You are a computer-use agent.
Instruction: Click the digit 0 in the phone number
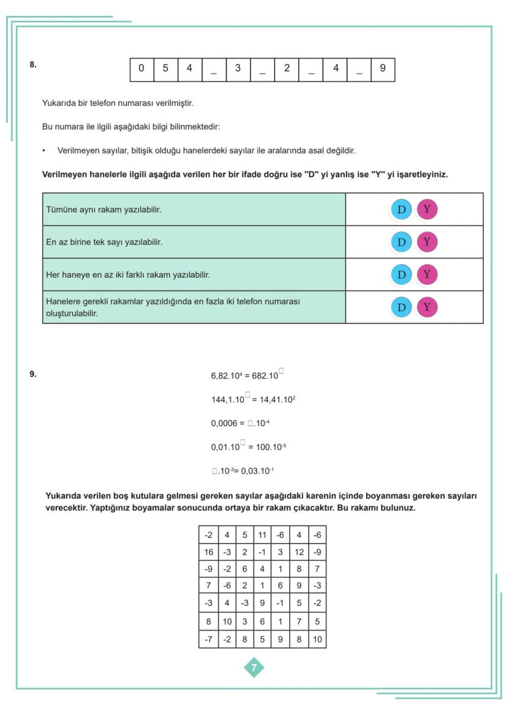[x=141, y=68]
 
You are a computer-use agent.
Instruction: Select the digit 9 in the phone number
[x=383, y=68]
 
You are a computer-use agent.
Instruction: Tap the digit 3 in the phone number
[x=238, y=68]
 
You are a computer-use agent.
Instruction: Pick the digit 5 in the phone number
[x=165, y=68]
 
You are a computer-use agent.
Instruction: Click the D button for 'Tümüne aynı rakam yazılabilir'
[x=401, y=210]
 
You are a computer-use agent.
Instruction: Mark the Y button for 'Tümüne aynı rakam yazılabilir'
[x=427, y=210]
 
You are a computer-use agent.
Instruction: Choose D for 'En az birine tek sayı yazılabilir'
[x=401, y=242]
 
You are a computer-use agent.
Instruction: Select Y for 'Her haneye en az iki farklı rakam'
[x=427, y=275]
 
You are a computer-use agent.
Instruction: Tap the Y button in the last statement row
[x=427, y=307]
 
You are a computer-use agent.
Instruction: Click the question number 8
[x=33, y=64]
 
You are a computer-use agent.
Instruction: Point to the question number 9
[x=33, y=374]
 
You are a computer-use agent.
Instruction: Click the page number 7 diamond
[x=254, y=668]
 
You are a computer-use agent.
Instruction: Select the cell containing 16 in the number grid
[x=209, y=552]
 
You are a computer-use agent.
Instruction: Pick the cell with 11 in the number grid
[x=262, y=535]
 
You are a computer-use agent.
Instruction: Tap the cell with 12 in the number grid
[x=298, y=552]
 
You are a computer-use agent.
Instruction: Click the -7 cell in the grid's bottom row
[x=209, y=640]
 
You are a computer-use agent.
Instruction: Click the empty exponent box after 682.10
[x=281, y=371]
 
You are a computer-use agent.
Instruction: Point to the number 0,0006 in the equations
[x=223, y=423]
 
